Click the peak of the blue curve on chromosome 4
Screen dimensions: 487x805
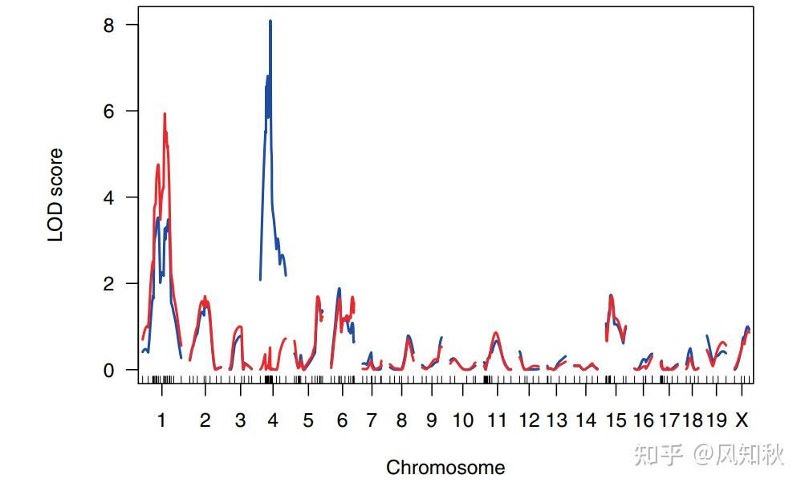[270, 22]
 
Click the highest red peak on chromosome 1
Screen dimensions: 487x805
[165, 115]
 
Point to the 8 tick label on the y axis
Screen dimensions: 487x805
[109, 25]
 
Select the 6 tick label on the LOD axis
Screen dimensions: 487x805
[109, 111]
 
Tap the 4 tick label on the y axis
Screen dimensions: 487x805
[109, 197]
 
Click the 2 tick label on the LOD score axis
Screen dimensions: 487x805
[109, 284]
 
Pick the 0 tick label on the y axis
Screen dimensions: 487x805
[109, 371]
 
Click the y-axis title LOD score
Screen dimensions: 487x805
[55, 195]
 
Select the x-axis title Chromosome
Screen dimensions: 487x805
[445, 467]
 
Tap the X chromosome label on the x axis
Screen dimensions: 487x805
[742, 420]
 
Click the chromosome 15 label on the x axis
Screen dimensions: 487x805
[616, 420]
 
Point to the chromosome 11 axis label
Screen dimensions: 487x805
[497, 420]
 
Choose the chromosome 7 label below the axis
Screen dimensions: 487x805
[371, 420]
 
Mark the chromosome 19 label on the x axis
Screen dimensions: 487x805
[717, 420]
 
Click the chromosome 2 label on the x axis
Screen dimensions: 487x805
[205, 420]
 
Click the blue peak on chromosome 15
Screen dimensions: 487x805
[611, 295]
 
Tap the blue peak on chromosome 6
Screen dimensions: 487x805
[339, 289]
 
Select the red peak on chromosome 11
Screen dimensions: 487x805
[496, 333]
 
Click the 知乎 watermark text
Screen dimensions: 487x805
[658, 455]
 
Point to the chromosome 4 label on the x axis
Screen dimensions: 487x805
[273, 420]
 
